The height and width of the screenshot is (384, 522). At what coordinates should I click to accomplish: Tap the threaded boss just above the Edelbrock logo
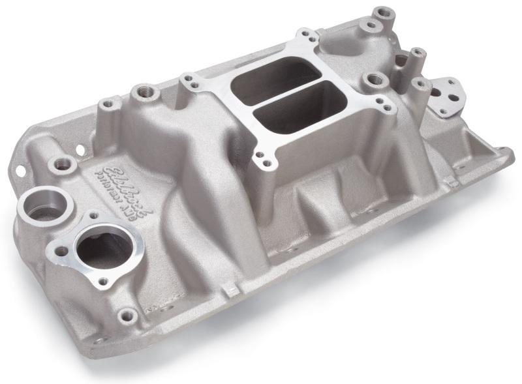pyautogui.click(x=63, y=163)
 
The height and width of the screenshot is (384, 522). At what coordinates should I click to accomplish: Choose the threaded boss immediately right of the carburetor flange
pyautogui.click(x=373, y=80)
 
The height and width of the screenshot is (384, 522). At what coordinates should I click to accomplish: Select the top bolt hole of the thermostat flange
pyautogui.click(x=93, y=214)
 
